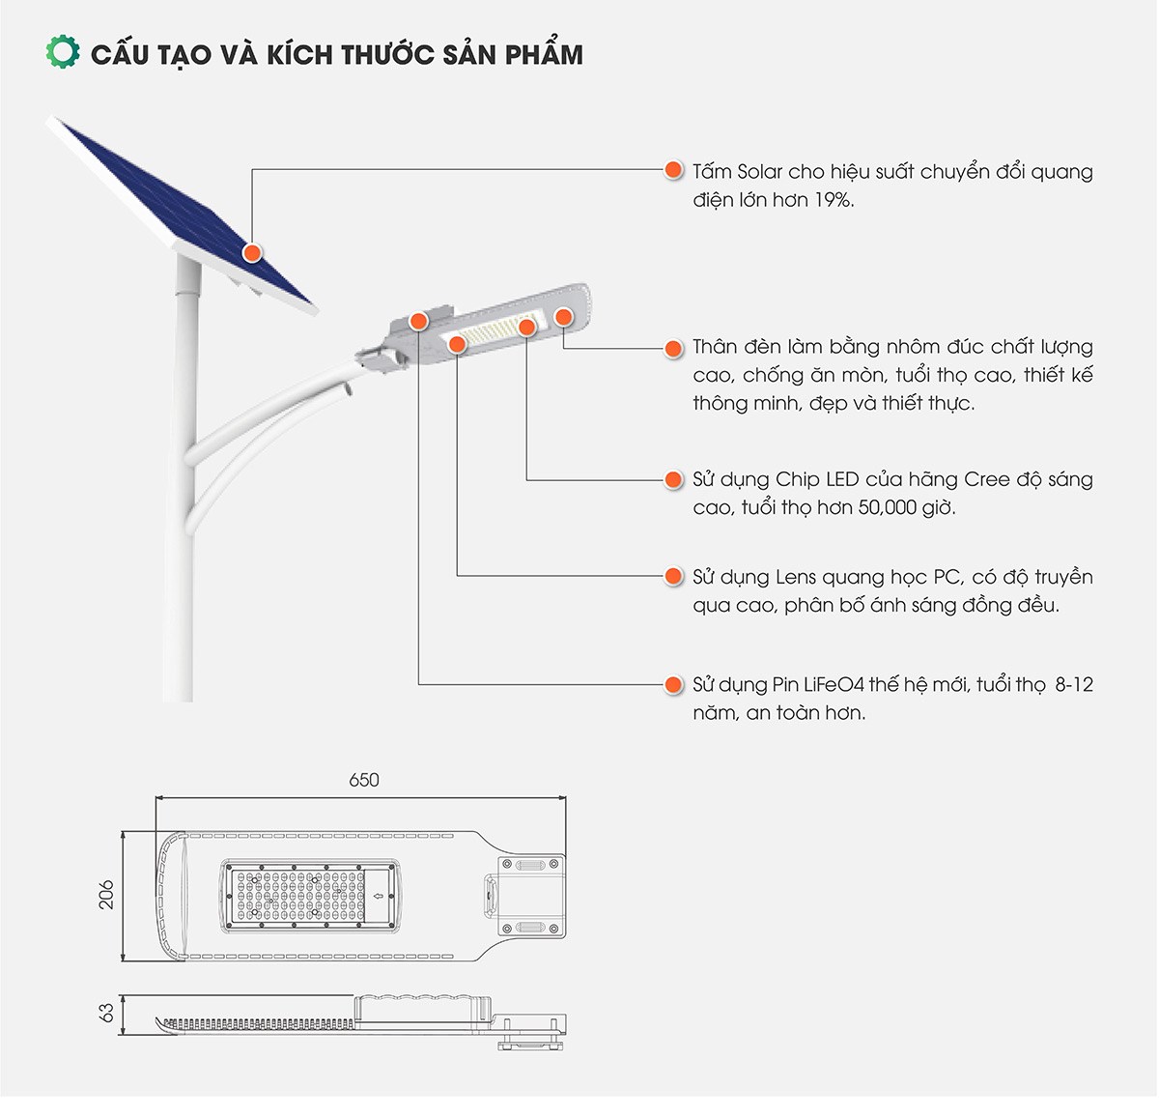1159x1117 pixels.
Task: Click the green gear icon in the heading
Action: [63, 52]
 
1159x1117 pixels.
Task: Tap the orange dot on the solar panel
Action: [252, 252]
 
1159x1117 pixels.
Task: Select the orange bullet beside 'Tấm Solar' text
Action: [673, 171]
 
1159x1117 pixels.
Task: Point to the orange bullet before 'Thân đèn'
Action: [673, 348]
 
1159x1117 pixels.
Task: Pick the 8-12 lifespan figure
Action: [1074, 685]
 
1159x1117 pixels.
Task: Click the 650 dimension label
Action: [363, 780]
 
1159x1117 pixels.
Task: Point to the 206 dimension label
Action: [107, 894]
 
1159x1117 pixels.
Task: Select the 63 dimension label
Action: [107, 1012]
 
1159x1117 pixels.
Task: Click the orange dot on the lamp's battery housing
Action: [418, 321]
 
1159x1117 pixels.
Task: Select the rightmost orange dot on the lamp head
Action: [563, 316]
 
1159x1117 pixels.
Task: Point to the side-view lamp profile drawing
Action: [357, 1018]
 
